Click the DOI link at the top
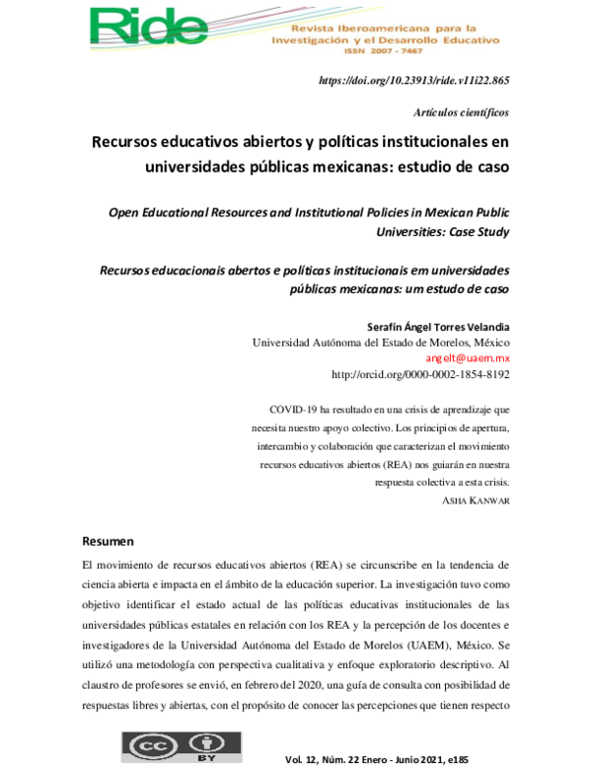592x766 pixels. point(414,81)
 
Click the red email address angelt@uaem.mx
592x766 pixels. point(468,358)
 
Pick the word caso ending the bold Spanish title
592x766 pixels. point(488,167)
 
